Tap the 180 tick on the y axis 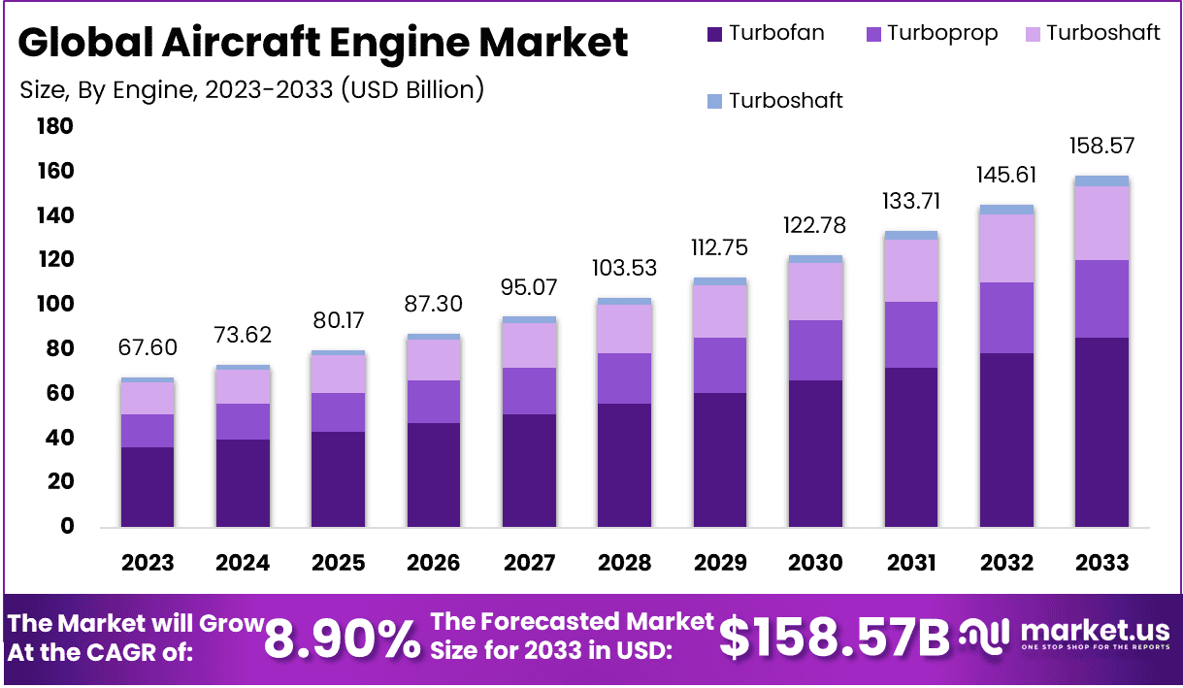coord(54,126)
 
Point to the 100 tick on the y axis coord(54,305)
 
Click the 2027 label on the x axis coord(529,563)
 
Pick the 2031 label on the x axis coord(911,563)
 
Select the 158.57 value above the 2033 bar coord(1102,147)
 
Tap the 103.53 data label coord(624,268)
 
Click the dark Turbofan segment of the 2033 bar coord(1102,432)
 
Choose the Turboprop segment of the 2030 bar coord(815,349)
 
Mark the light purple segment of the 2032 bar coord(1006,247)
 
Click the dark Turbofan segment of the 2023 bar coord(148,487)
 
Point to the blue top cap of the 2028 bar coord(624,301)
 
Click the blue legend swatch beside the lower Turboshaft coord(715,101)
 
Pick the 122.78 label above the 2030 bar coord(815,225)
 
